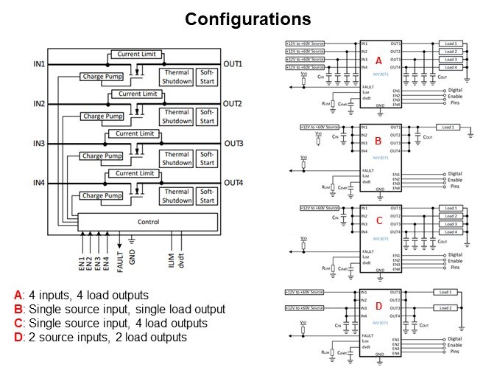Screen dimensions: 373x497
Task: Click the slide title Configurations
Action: pyautogui.click(x=247, y=18)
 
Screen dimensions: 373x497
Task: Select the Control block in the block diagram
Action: pyautogui.click(x=148, y=221)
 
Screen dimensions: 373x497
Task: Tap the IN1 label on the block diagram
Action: pyautogui.click(x=39, y=65)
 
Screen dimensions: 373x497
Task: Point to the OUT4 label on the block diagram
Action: pyautogui.click(x=233, y=183)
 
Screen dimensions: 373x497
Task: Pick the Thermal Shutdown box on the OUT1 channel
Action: pyautogui.click(x=177, y=76)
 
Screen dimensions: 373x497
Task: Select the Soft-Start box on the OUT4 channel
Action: pyautogui.click(x=207, y=196)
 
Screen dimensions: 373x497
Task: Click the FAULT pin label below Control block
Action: pyautogui.click(x=120, y=251)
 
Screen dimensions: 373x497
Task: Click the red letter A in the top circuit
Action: pyautogui.click(x=378, y=60)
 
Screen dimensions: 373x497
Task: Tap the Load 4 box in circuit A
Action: pyautogui.click(x=451, y=68)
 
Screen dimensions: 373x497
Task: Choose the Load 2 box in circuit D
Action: pyautogui.click(x=449, y=307)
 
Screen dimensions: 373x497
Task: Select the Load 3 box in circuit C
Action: pyautogui.click(x=451, y=224)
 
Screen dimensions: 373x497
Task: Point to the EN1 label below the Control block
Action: pyautogui.click(x=82, y=251)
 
